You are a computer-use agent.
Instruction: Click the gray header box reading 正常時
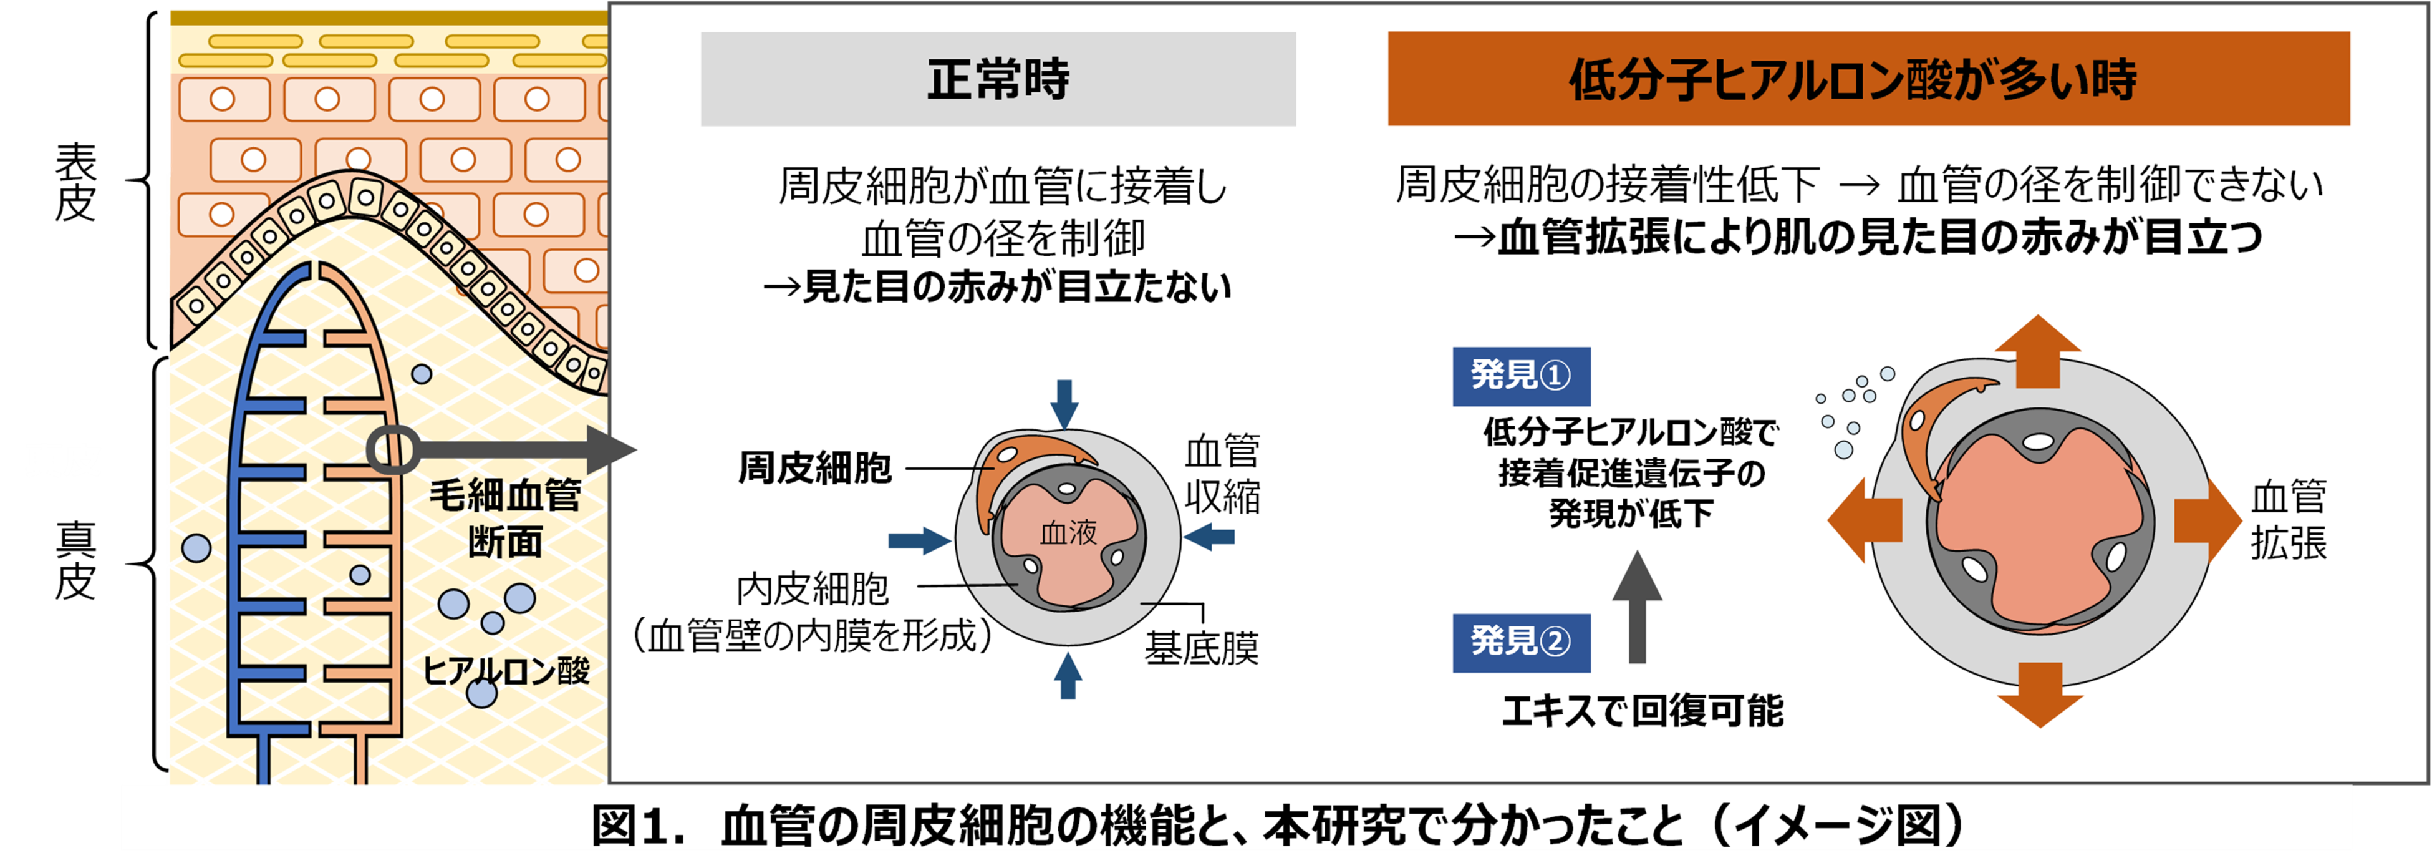tap(997, 79)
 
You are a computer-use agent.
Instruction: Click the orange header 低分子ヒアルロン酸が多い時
tap(1868, 79)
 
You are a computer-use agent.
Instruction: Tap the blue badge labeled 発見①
tap(1520, 376)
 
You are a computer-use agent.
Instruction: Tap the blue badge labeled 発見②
tap(1520, 642)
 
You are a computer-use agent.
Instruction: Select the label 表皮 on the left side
tap(75, 182)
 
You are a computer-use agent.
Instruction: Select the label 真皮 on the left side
tap(75, 560)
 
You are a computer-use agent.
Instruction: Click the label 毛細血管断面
tap(505, 519)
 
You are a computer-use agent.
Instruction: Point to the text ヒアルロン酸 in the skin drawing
tap(505, 671)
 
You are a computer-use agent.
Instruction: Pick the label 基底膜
tap(1201, 648)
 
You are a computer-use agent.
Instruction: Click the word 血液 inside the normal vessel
tap(1068, 533)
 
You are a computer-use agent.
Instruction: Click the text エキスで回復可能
tap(1643, 710)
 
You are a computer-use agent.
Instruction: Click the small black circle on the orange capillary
tap(392, 450)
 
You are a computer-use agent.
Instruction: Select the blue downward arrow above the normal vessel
tap(1065, 403)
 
